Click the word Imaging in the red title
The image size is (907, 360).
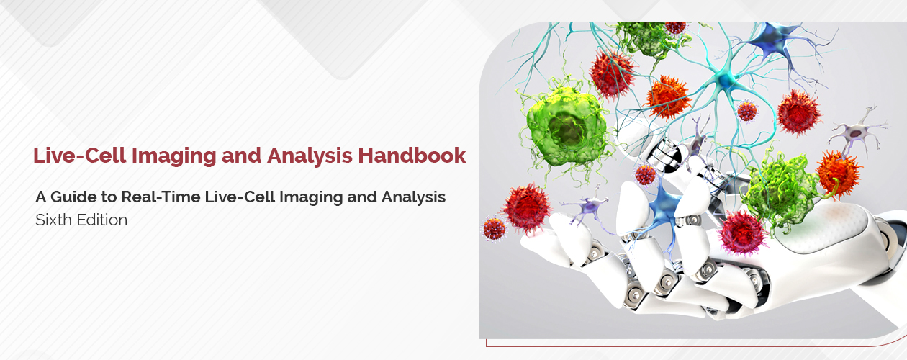click(162, 155)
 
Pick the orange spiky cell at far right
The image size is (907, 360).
click(839, 173)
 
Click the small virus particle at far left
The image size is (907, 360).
click(495, 228)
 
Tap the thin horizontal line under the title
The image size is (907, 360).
click(238, 179)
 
